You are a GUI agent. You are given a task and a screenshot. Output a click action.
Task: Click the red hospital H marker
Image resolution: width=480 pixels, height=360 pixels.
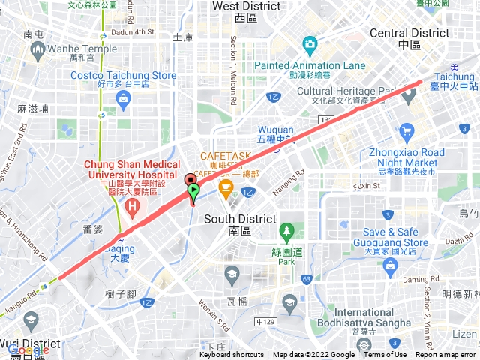(133, 205)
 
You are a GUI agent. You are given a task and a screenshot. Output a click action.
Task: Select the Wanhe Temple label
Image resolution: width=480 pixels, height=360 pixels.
(73, 49)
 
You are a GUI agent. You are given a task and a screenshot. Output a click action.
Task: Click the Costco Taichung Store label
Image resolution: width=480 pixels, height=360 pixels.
(124, 76)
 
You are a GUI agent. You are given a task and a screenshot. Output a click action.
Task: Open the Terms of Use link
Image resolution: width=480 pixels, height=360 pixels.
(385, 355)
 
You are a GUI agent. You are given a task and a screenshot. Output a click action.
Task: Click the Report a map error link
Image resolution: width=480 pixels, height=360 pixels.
(446, 355)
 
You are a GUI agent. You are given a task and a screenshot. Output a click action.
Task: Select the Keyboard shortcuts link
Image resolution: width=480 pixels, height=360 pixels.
(232, 355)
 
